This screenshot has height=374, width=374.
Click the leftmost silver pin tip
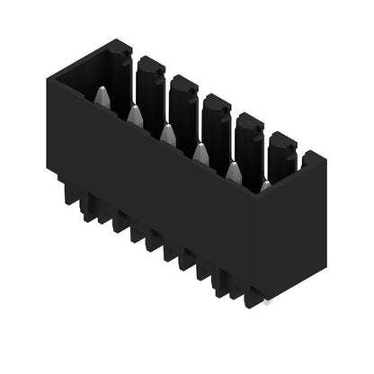[102, 97]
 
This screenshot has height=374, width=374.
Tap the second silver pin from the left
[135, 115]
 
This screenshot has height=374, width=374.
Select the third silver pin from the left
[168, 135]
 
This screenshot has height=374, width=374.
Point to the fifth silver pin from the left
[235, 172]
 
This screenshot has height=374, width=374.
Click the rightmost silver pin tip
[265, 186]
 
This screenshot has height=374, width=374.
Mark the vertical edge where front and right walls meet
[257, 243]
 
